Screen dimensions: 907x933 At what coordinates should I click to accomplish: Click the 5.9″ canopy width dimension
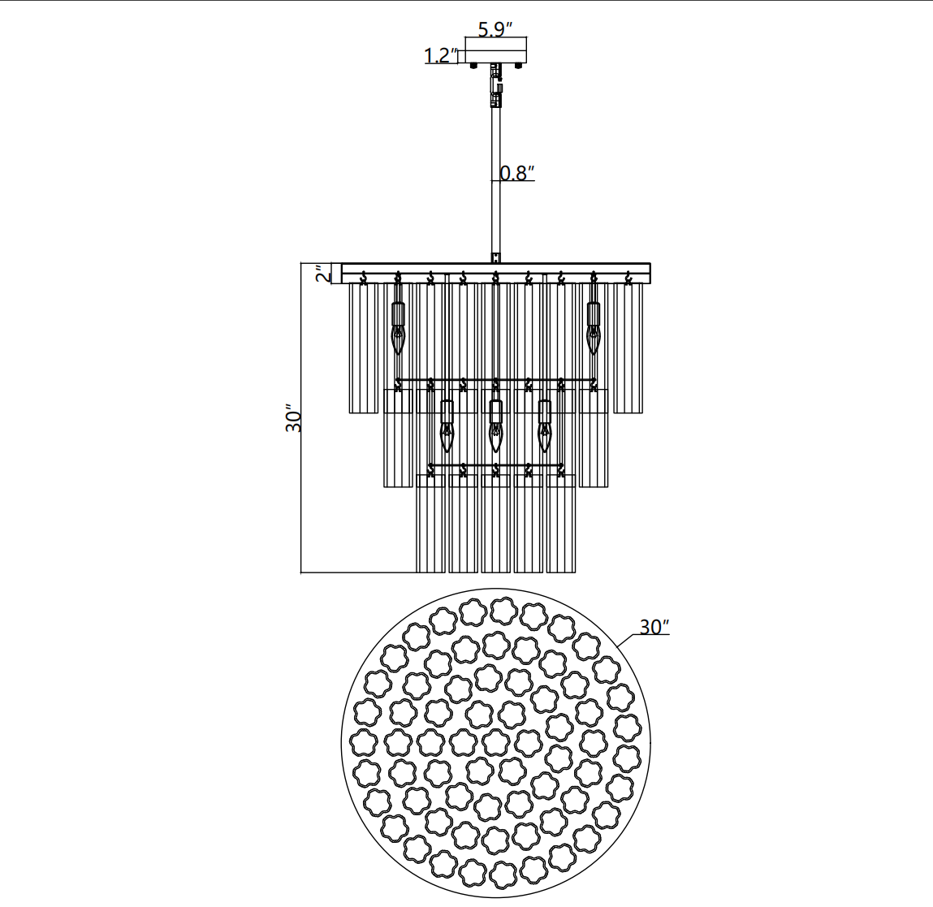click(x=495, y=30)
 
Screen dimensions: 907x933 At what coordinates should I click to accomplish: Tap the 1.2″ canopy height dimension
click(x=441, y=56)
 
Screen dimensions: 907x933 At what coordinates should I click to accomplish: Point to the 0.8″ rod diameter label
click(x=517, y=173)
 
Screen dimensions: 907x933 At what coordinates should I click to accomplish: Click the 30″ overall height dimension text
click(x=294, y=419)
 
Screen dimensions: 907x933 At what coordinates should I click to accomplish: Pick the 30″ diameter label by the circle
click(x=654, y=627)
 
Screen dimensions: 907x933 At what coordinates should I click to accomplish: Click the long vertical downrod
click(x=495, y=187)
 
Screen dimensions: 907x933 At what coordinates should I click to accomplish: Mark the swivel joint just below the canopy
click(x=495, y=85)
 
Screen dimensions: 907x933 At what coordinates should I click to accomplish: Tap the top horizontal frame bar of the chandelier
click(x=495, y=268)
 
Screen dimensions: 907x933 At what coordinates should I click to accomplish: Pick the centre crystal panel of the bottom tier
click(x=495, y=524)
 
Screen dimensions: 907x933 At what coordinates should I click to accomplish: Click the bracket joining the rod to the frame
click(x=495, y=257)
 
